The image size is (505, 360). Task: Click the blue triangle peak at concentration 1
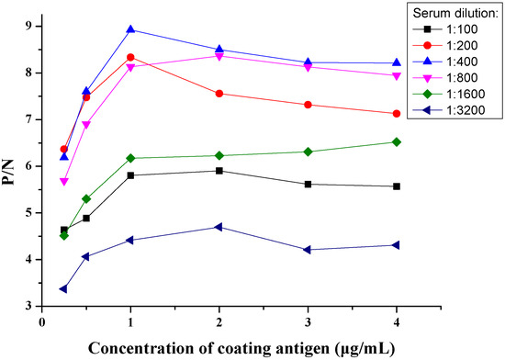coord(130,29)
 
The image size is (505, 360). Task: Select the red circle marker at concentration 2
coord(219,94)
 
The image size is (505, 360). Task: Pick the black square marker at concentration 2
coord(219,171)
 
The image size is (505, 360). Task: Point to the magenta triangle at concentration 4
coord(396,76)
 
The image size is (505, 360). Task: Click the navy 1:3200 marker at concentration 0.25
coord(63,289)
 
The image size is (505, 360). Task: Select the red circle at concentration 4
coord(396,114)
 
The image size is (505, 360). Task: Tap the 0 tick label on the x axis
coord(41,323)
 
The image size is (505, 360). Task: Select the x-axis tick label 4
coord(396,323)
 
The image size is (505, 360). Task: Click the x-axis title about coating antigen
coord(218,347)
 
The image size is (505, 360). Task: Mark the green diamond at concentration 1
coord(130,158)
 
